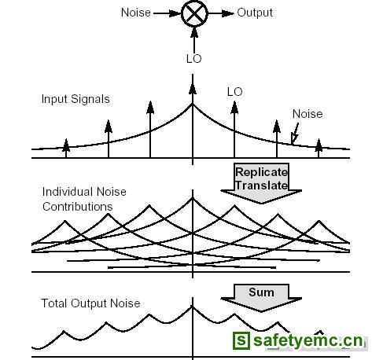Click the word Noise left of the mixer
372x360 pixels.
(136, 13)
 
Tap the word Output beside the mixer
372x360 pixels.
(255, 13)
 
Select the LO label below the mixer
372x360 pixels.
(194, 59)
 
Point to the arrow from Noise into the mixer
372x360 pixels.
(167, 13)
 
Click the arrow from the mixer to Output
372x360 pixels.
(221, 13)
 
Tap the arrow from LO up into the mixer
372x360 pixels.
(194, 40)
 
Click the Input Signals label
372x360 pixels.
(76, 99)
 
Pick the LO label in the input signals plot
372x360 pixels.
(235, 92)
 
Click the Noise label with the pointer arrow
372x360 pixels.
(308, 114)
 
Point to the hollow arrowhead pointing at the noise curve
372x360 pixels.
(294, 138)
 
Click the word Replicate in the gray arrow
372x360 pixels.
(262, 172)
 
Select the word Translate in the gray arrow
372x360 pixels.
(262, 186)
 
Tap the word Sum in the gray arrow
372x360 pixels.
(261, 292)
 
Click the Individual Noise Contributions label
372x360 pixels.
(84, 199)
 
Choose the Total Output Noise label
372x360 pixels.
(90, 303)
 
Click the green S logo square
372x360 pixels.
(241, 340)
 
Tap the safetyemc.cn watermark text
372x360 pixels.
(308, 340)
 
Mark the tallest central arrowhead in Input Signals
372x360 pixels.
(193, 89)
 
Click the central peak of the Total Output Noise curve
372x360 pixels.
(193, 306)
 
